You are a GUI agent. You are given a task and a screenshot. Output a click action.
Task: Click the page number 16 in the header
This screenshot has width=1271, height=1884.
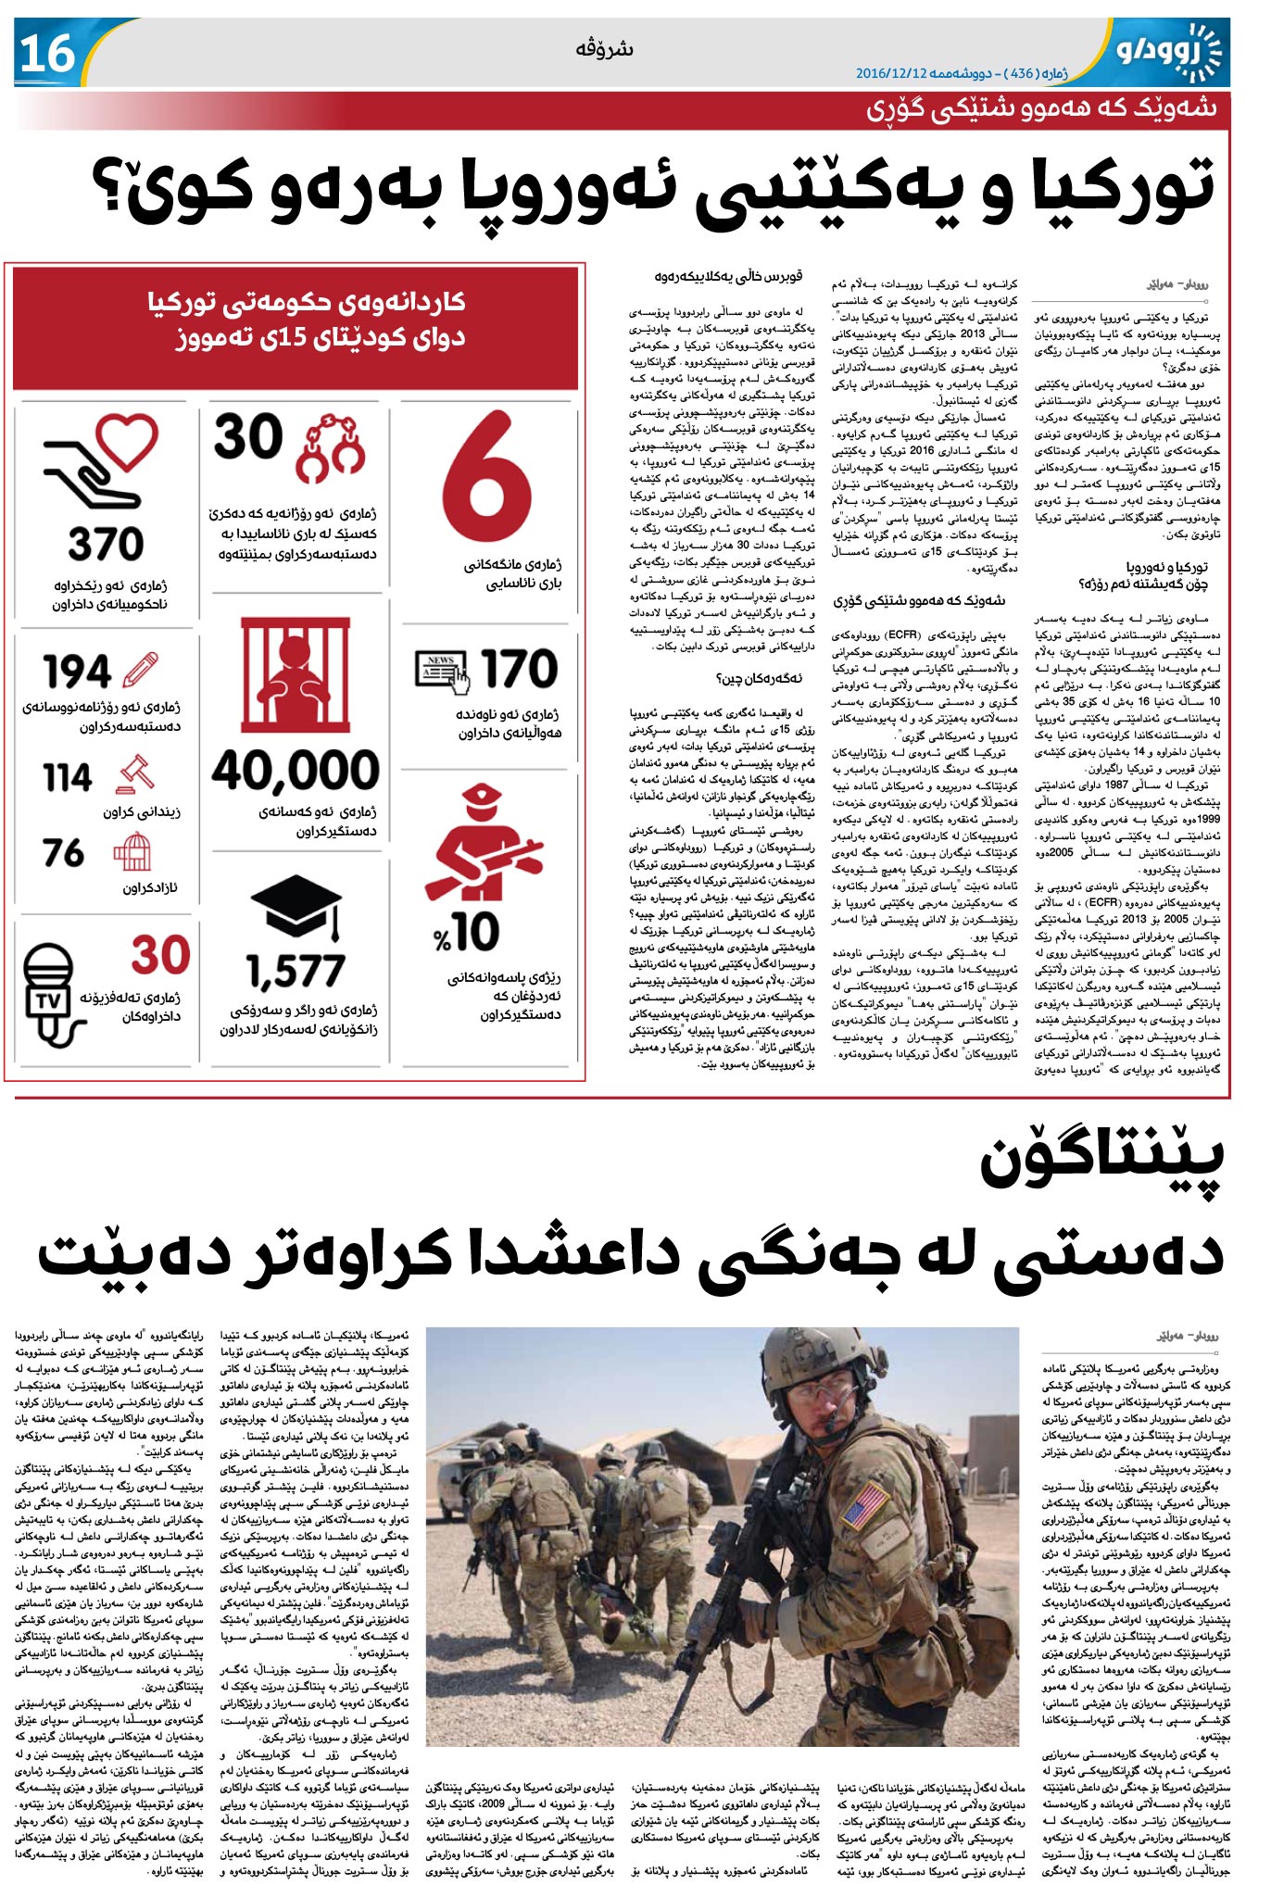click(47, 54)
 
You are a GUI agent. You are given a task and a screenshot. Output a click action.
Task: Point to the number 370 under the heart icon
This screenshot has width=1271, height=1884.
click(106, 544)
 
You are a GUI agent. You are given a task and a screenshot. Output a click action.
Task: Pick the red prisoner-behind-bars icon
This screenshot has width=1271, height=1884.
click(296, 676)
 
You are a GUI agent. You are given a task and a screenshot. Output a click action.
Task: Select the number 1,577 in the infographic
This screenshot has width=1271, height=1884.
click(296, 972)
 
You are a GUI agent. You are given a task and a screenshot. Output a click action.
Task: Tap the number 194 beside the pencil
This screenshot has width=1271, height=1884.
click(77, 672)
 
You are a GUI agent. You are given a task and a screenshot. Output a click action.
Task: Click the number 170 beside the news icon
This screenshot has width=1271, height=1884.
click(520, 668)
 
